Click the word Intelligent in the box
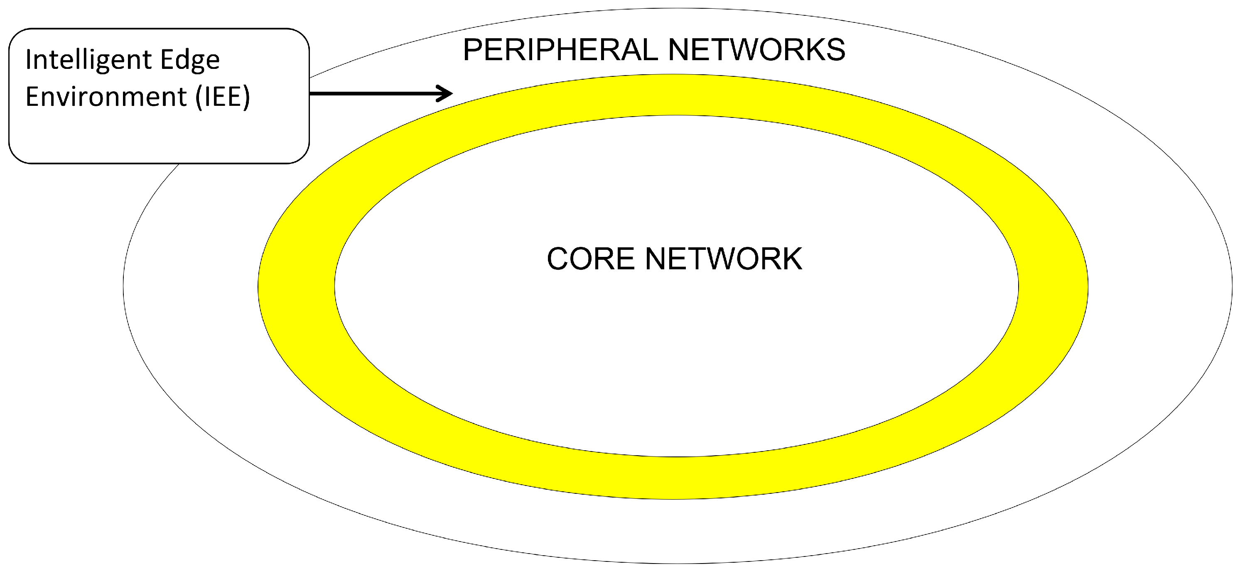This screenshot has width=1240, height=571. coord(89,60)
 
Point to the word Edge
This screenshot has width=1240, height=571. coord(190,60)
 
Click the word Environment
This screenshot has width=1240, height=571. coord(106,96)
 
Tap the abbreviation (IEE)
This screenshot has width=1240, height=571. coord(223,96)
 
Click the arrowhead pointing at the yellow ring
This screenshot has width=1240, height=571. coord(445,93)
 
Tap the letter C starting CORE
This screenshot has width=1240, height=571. coord(558,259)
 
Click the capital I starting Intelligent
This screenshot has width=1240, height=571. coord(28,59)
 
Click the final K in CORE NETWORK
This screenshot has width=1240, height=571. coord(791,259)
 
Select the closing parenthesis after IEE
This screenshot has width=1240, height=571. coord(246,96)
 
